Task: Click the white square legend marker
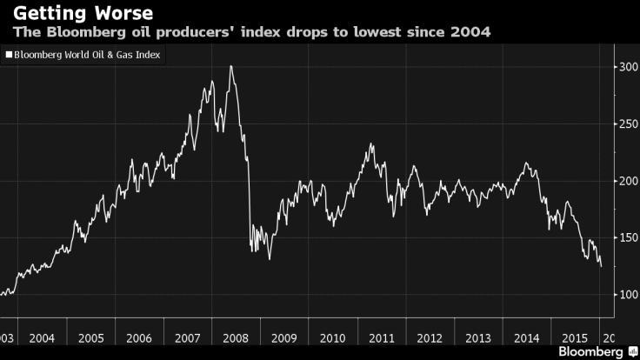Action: coord(9,55)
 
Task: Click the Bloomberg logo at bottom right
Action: coord(591,352)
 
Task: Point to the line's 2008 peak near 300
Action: coord(230,66)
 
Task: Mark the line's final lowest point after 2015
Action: coord(600,267)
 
